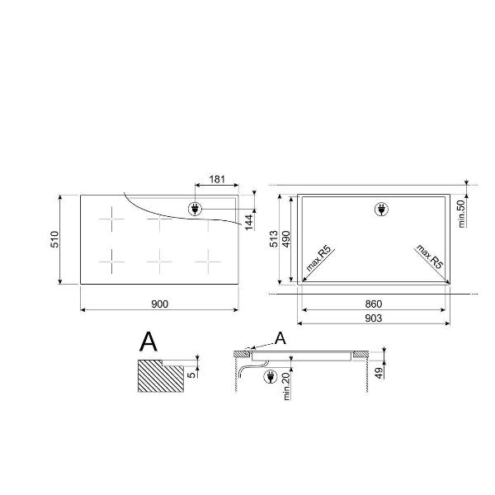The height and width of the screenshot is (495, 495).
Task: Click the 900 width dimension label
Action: pyautogui.click(x=160, y=304)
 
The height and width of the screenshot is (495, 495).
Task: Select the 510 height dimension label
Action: pyautogui.click(x=54, y=239)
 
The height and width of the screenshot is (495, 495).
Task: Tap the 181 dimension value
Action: pyautogui.click(x=217, y=179)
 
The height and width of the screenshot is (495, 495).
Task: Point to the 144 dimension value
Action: pyautogui.click(x=249, y=222)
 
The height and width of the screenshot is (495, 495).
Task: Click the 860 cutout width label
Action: pyautogui.click(x=374, y=304)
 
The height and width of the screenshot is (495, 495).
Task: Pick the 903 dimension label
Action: pyautogui.click(x=374, y=318)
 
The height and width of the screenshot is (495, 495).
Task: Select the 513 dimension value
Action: pyautogui.click(x=274, y=239)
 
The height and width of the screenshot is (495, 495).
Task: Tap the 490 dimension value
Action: pyautogui.click(x=285, y=239)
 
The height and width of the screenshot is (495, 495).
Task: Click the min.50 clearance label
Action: pyautogui.click(x=461, y=214)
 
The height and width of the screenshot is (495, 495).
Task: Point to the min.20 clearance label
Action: pyautogui.click(x=286, y=386)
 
